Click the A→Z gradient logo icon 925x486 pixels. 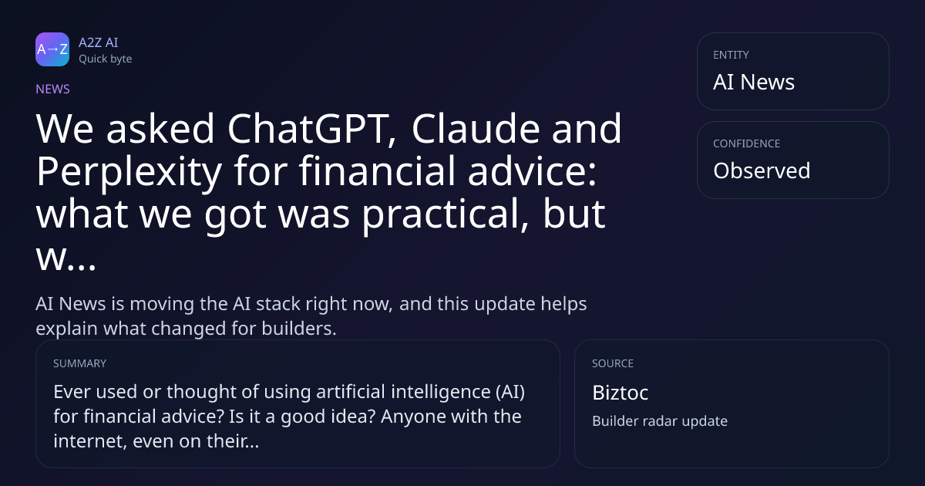pos(52,49)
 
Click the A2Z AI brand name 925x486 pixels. pos(99,42)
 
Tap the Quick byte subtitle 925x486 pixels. pos(106,59)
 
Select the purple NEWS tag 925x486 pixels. pos(53,89)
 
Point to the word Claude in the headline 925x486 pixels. pos(476,128)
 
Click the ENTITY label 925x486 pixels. pos(731,55)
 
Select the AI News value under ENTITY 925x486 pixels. pos(754,82)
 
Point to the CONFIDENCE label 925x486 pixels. pos(747,143)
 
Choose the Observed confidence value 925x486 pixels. pos(762,170)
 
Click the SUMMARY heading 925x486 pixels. pos(79,363)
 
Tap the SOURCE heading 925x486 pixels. pos(613,363)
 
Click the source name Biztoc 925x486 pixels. pos(621,392)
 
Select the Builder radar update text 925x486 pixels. pos(660,421)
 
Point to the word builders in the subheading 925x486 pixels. pos(299,329)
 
